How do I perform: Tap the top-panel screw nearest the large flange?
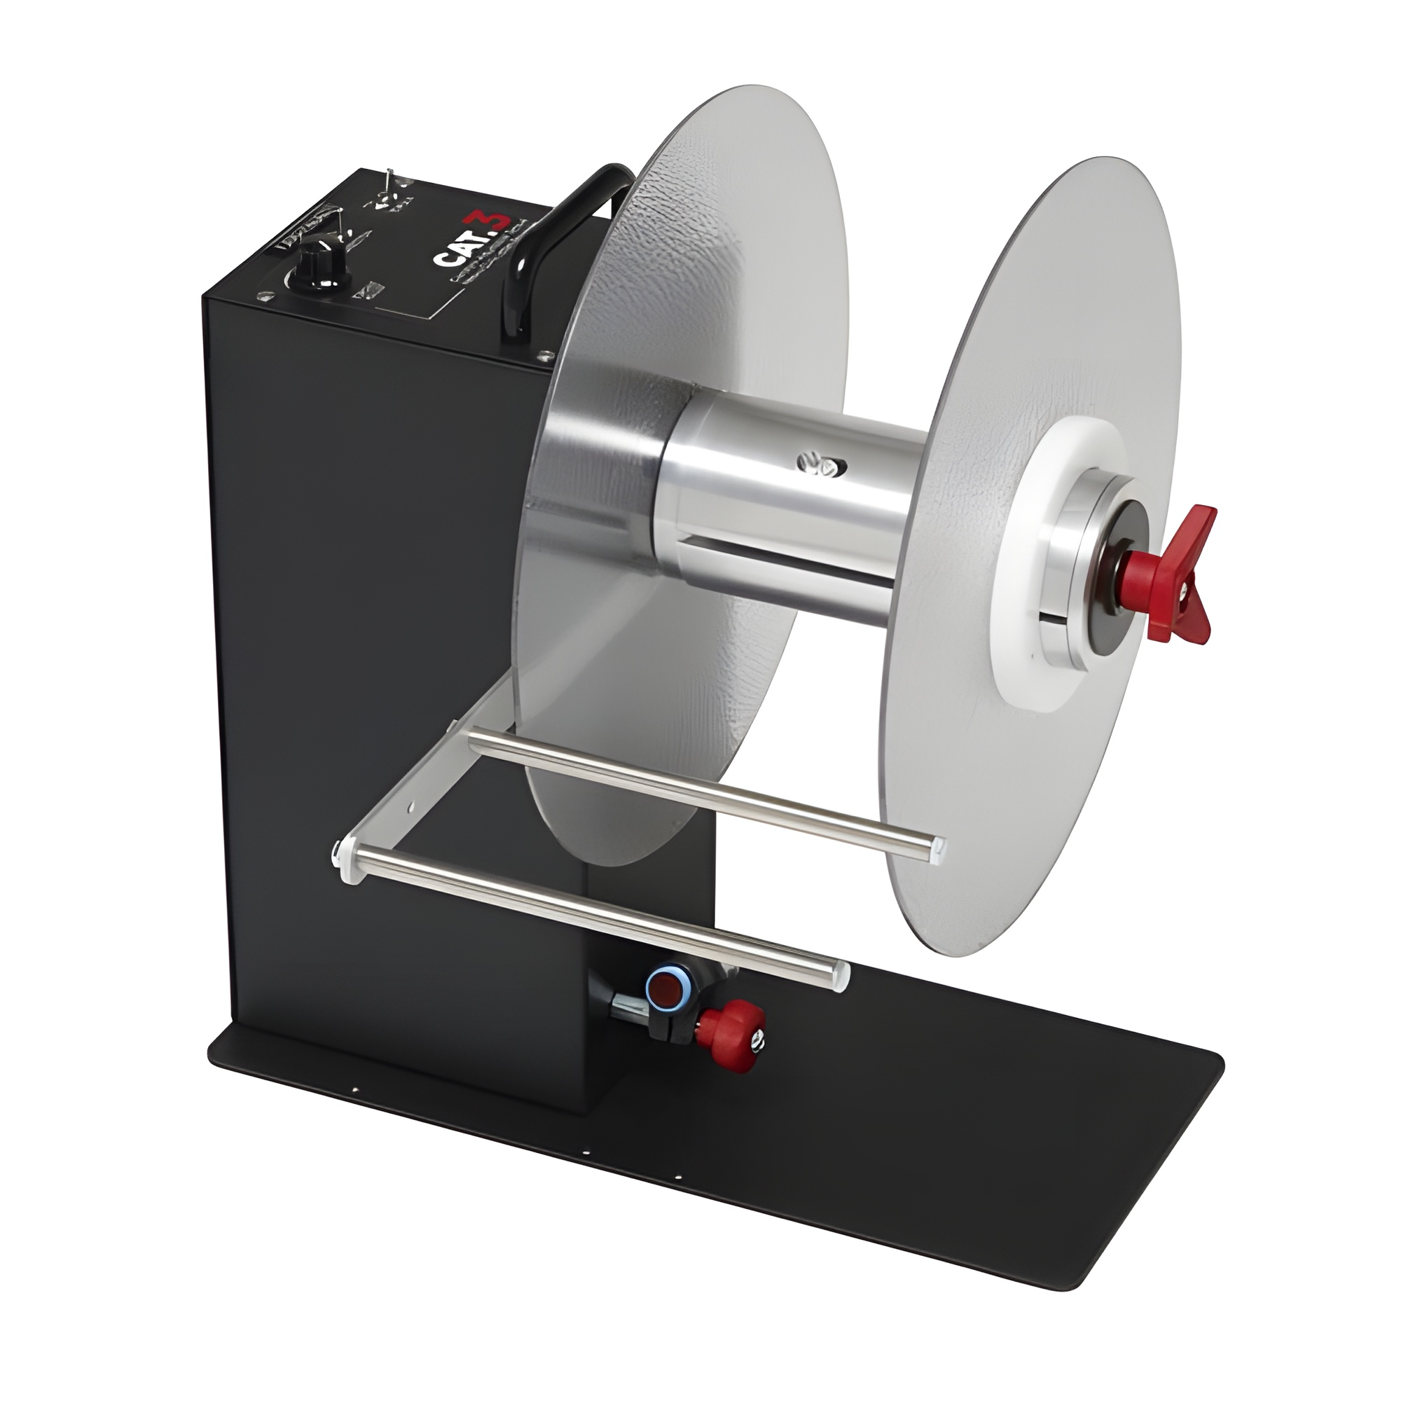pos(541,355)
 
